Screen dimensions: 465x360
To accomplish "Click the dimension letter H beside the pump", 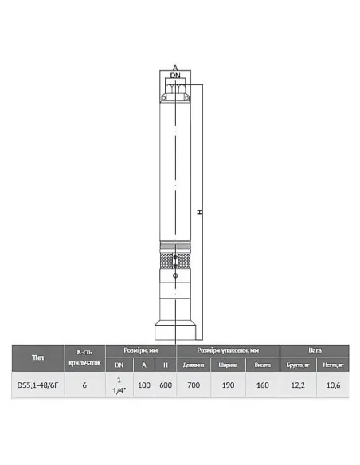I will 201,213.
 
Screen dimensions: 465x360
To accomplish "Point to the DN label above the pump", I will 175,76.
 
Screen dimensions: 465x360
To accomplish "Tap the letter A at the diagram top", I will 175,68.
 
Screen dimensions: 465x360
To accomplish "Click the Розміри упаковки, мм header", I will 227,350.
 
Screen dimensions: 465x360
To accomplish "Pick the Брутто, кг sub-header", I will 296,365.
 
